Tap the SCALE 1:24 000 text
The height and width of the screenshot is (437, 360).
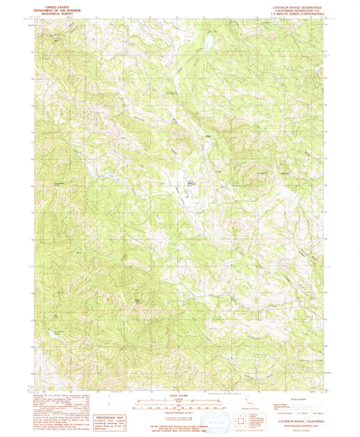179,395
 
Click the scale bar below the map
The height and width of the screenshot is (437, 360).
179,405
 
